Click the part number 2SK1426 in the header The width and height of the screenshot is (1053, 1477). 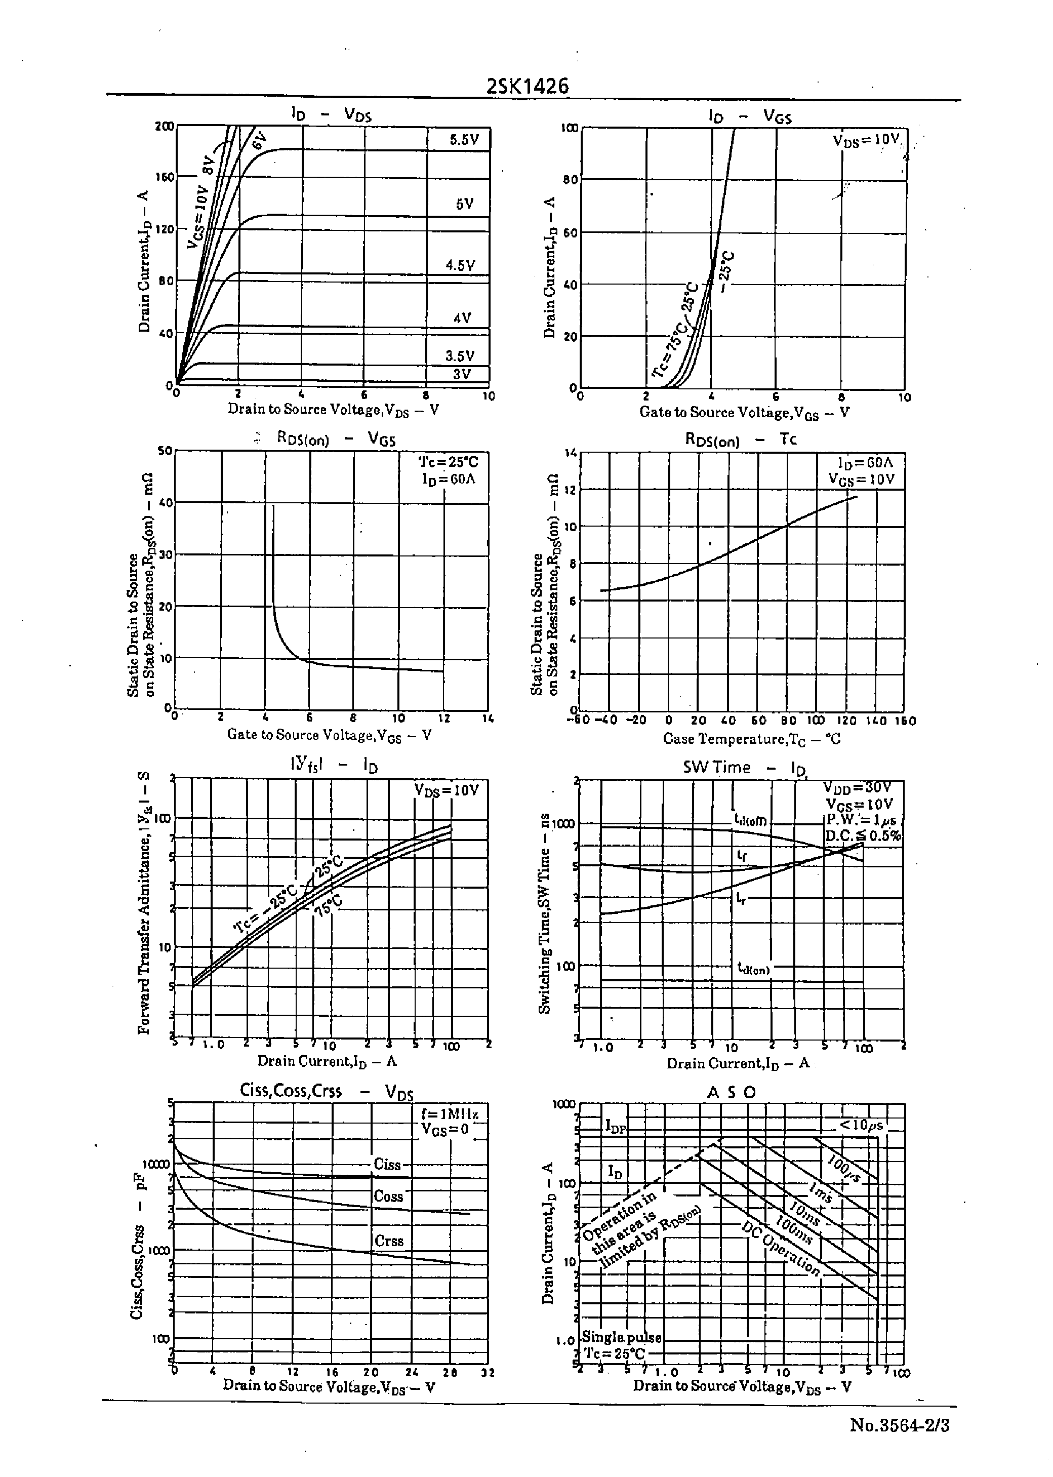click(x=527, y=86)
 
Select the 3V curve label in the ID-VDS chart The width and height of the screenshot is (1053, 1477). click(x=462, y=374)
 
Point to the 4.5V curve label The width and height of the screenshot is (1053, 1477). click(x=460, y=265)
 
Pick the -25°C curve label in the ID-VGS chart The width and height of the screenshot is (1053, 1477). click(x=727, y=264)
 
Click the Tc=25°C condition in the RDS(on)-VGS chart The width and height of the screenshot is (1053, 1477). click(x=448, y=462)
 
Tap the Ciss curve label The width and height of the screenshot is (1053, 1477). click(x=387, y=1165)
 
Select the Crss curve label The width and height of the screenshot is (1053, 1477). click(x=389, y=1241)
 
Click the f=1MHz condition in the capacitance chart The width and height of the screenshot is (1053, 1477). click(x=450, y=1114)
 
